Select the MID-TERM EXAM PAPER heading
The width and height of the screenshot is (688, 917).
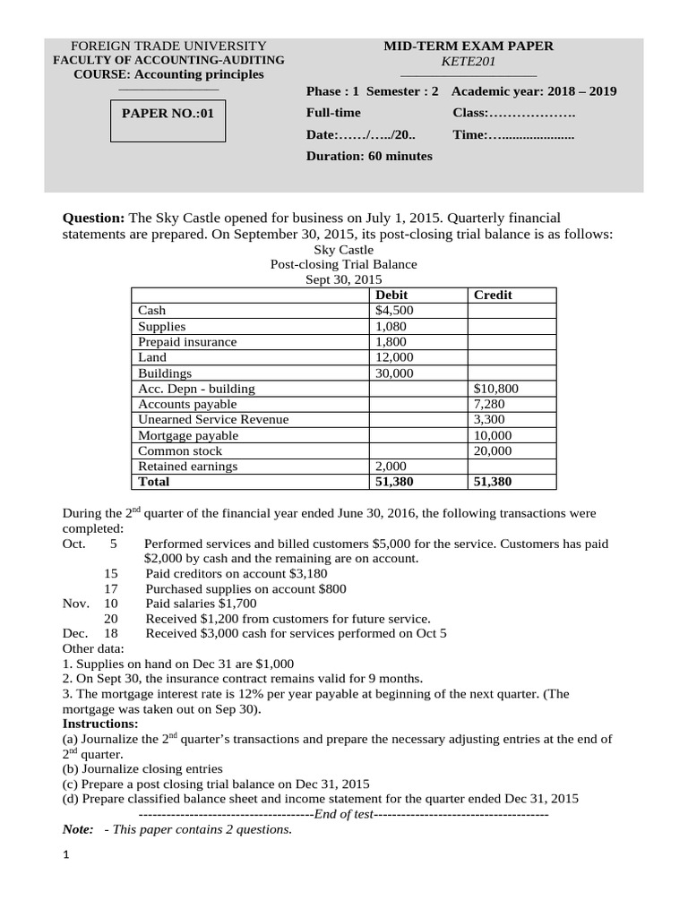[x=469, y=46]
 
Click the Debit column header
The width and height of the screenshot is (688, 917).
[x=391, y=295]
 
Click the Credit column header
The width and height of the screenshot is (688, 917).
[x=493, y=295]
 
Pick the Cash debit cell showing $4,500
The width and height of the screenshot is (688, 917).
[x=394, y=311]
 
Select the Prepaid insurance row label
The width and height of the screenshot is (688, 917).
[x=187, y=342]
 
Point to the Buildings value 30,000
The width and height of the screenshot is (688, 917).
[x=394, y=373]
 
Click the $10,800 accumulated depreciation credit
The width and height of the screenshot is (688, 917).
[x=495, y=389]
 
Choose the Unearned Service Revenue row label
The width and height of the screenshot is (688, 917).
[x=213, y=420]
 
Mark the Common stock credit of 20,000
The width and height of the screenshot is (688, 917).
[x=492, y=451]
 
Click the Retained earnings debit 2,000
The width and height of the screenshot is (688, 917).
[x=391, y=467]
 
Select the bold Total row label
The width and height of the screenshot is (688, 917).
[x=153, y=482]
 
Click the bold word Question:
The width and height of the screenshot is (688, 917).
[x=93, y=219]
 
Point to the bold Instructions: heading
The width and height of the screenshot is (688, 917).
[x=99, y=723]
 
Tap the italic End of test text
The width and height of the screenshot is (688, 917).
[x=344, y=814]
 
